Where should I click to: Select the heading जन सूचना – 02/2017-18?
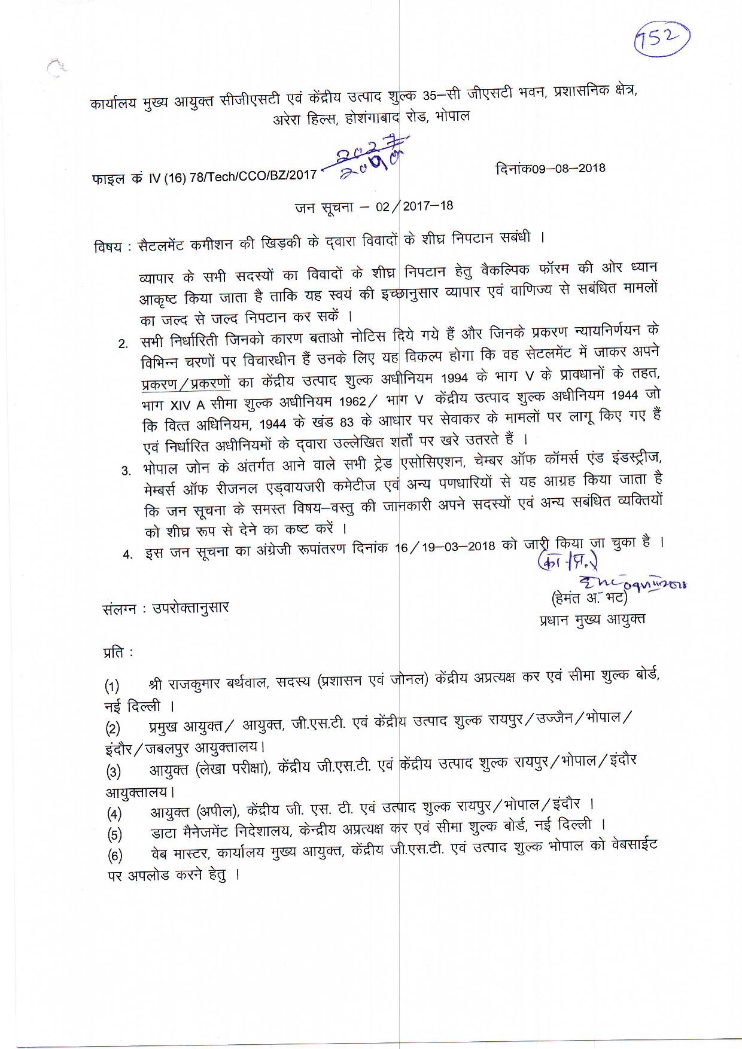coord(374,207)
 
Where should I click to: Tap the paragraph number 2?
coord(123,344)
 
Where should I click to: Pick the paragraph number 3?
coord(126,470)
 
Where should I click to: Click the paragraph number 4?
coord(127,554)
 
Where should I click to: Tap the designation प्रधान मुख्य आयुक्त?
coord(591,620)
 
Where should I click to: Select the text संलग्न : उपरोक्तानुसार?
coord(166,608)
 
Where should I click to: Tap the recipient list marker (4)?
coord(114,814)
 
